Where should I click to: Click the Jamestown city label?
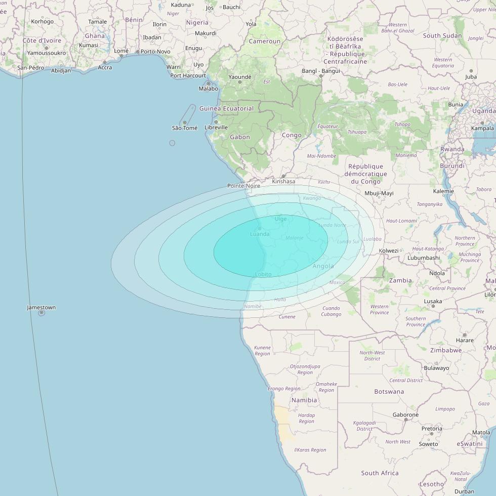[x=42, y=307]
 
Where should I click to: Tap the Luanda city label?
[x=260, y=234]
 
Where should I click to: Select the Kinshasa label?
[x=283, y=181]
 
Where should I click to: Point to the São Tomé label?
[x=185, y=128]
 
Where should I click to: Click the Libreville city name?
[x=216, y=128]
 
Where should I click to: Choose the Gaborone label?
[x=405, y=415]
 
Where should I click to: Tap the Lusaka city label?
[x=433, y=301]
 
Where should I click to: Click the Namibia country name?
[x=304, y=400]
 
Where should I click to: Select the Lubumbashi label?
[x=424, y=258]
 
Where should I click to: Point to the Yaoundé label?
[x=240, y=77]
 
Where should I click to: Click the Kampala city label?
[x=482, y=128]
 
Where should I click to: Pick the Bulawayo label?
[x=436, y=368]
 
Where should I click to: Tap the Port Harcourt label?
[x=188, y=76]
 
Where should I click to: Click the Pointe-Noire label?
[x=243, y=186]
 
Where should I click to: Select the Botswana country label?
[x=389, y=391]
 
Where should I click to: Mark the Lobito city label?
[x=263, y=274]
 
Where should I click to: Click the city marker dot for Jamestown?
[x=42, y=313]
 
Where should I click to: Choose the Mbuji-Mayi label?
[x=379, y=193]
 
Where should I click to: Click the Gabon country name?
[x=240, y=137]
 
